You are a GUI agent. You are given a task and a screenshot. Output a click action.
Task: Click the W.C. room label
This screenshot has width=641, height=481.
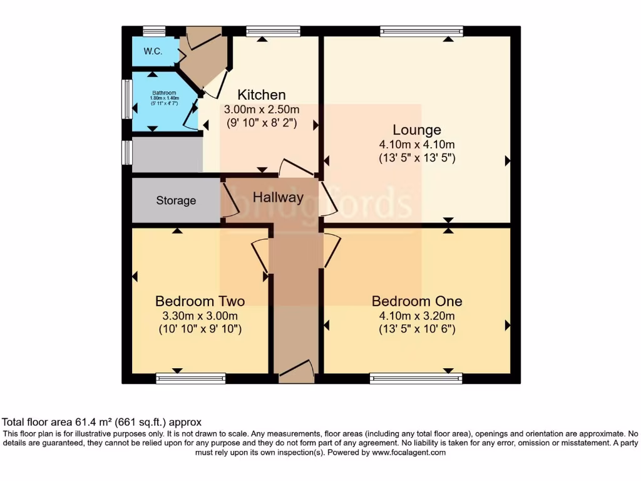point(153,52)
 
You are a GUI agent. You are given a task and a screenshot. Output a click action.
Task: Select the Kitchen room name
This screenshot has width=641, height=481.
point(262,95)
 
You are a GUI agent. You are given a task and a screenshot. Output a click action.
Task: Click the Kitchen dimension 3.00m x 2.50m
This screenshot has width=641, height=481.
point(262,110)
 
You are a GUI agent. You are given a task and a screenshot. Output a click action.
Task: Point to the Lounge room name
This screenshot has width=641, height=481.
point(417,130)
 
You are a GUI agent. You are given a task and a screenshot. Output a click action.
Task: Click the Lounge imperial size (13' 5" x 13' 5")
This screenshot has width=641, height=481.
point(417,158)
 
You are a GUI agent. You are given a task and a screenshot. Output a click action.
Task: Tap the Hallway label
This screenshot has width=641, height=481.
point(278,197)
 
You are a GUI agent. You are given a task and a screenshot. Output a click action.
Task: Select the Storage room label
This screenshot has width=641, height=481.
point(176,201)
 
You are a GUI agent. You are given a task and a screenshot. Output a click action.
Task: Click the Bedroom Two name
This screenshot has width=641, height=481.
point(200,301)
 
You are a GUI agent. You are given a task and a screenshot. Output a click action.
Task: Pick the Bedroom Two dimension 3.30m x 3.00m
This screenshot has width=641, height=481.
point(200,316)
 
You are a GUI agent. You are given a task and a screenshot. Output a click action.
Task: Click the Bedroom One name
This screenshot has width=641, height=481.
point(417,301)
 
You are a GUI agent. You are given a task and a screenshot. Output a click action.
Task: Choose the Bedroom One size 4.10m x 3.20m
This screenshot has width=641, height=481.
point(417,316)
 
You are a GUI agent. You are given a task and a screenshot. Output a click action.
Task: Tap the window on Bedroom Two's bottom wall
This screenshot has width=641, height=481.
point(190,378)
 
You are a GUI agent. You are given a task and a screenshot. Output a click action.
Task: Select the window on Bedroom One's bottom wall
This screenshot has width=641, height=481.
point(416,378)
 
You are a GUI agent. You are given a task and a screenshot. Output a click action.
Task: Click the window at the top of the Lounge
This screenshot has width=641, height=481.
point(421,31)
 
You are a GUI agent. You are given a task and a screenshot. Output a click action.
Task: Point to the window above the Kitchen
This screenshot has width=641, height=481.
point(273,31)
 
